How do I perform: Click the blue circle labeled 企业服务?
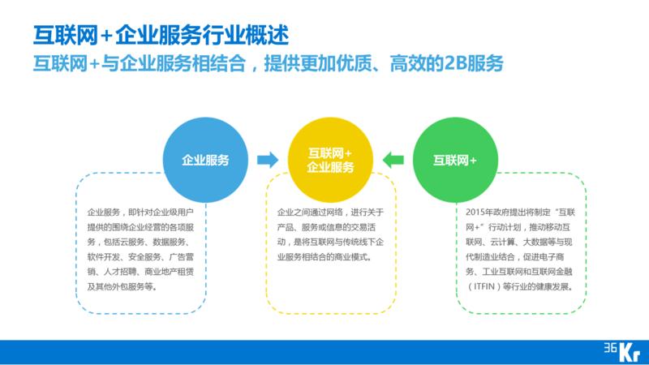(x=205, y=160)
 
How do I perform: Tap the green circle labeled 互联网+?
(x=455, y=160)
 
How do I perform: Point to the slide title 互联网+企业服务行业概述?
(x=159, y=35)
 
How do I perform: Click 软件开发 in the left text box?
(x=102, y=256)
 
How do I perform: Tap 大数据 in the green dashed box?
(x=545, y=242)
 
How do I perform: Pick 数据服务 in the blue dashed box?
(x=168, y=242)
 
